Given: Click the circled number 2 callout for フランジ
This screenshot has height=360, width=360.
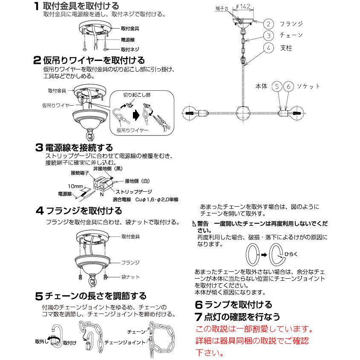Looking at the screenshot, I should [x=268, y=23].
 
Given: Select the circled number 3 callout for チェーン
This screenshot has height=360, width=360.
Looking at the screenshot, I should [x=268, y=35].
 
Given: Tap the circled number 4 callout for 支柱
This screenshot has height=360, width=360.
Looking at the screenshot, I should [x=268, y=48].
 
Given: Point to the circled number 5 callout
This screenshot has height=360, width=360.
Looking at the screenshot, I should [x=278, y=86].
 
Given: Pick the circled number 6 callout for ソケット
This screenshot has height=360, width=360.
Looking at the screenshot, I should [x=289, y=86].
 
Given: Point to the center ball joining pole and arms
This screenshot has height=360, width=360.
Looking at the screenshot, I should [x=243, y=113].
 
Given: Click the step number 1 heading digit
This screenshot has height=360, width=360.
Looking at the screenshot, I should [x=37, y=6].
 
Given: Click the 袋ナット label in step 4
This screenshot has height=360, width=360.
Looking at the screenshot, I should [x=131, y=277].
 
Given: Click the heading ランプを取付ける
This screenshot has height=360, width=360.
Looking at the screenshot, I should [x=239, y=305].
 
